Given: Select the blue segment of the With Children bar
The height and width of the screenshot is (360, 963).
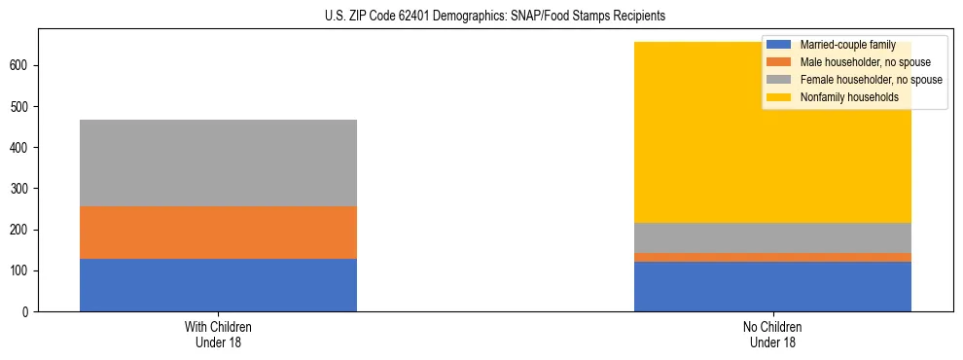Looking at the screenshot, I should tap(218, 285).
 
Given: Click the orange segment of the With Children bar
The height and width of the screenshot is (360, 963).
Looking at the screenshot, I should tap(218, 233).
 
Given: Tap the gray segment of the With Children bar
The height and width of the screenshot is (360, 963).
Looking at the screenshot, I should tap(218, 162).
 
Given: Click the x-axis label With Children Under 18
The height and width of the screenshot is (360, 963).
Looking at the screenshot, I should tap(218, 335).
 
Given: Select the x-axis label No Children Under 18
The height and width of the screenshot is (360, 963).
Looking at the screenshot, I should tap(772, 335).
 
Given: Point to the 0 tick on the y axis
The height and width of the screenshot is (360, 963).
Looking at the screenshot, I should tap(27, 311).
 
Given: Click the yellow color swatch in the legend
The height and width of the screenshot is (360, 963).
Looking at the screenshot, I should tap(779, 97).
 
